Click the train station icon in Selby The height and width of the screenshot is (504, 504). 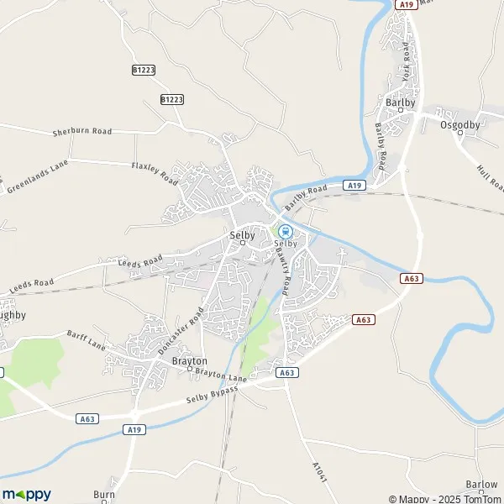coord(285,232)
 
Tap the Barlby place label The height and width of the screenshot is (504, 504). coord(396,102)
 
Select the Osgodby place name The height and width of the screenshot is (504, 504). coord(459,124)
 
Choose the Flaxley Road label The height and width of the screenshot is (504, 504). coord(155,172)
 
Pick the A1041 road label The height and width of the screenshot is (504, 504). coord(318,471)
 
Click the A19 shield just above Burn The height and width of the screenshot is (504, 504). coord(134,428)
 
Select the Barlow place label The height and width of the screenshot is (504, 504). coord(480,485)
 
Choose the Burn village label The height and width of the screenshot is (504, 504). coord(103,495)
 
